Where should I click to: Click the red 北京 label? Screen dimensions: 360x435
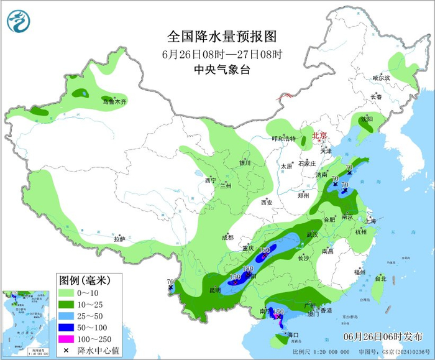point(319,135)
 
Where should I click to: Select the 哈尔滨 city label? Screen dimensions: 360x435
point(381,78)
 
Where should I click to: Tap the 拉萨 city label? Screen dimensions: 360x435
point(120,239)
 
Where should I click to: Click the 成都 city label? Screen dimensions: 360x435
point(227,238)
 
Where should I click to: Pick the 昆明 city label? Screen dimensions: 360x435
point(214,290)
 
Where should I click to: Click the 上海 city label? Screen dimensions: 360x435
point(370,221)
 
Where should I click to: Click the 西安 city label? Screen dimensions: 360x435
point(267,203)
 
